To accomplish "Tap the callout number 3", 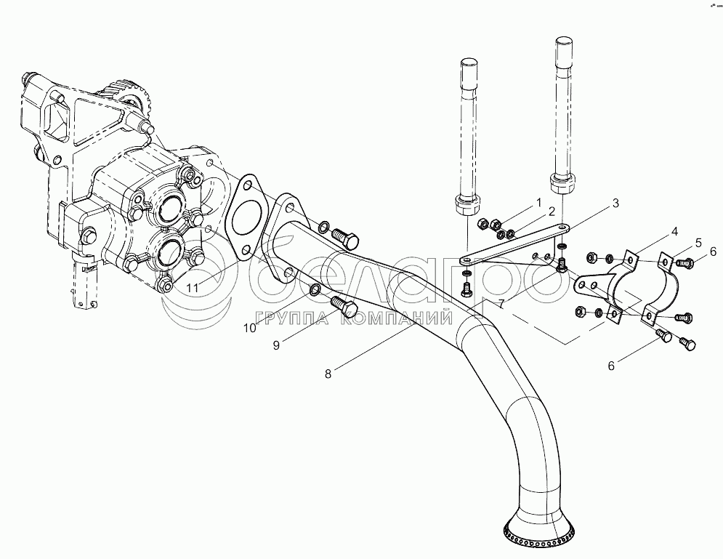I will pyautogui.click(x=616, y=204).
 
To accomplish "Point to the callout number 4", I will pyautogui.click(x=674, y=232).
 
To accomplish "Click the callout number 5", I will pyautogui.click(x=698, y=242).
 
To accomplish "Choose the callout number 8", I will pyautogui.click(x=328, y=374).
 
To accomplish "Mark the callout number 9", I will pyautogui.click(x=276, y=346).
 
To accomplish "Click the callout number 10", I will pyautogui.click(x=249, y=328).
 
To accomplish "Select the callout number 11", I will pyautogui.click(x=192, y=289).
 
